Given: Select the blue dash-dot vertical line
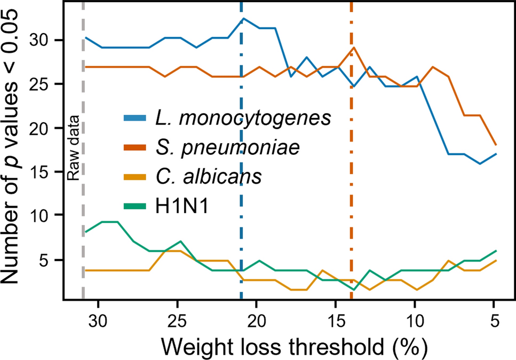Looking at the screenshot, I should pos(241,160).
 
